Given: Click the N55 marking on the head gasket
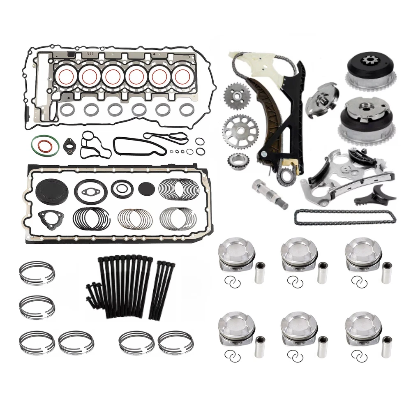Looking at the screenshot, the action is [90, 53].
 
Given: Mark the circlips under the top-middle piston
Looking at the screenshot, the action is [295, 282].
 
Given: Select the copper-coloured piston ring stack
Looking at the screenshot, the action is [135, 219].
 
